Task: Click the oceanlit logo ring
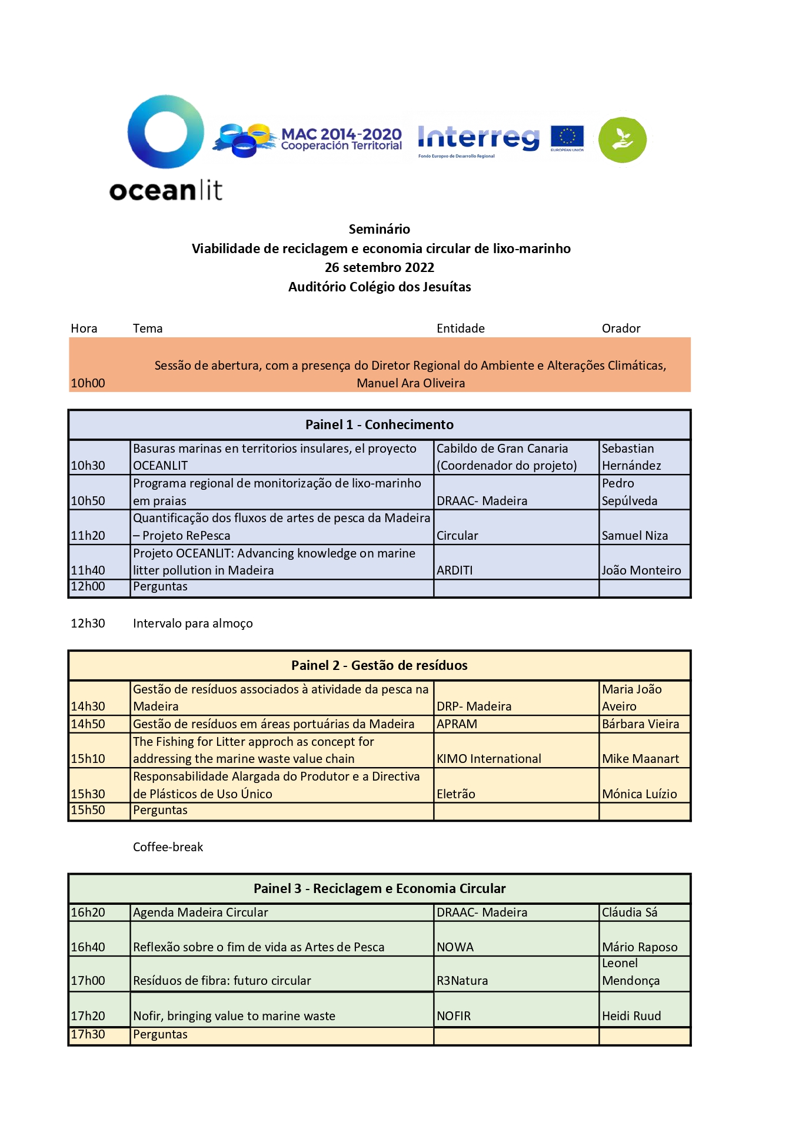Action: pyautogui.click(x=165, y=132)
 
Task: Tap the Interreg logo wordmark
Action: pyautogui.click(x=478, y=138)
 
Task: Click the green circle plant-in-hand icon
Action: pyautogui.click(x=622, y=140)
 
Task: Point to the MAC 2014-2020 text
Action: pyautogui.click(x=341, y=135)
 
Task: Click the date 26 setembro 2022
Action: pyautogui.click(x=380, y=267)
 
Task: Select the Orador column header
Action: pyautogui.click(x=621, y=328)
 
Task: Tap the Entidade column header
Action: pyautogui.click(x=461, y=328)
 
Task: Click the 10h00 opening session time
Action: pyautogui.click(x=88, y=383)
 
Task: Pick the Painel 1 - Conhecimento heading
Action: pyautogui.click(x=380, y=424)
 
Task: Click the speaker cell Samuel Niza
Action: pyautogui.click(x=635, y=536)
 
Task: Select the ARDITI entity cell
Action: pyautogui.click(x=455, y=570)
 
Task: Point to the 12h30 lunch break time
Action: pyautogui.click(x=88, y=623)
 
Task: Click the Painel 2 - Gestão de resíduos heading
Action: pyautogui.click(x=380, y=665)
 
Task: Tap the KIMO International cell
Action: pyautogui.click(x=489, y=759)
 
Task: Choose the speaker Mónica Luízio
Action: pyautogui.click(x=640, y=794)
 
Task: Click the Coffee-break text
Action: pyautogui.click(x=168, y=847)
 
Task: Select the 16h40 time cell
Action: pyautogui.click(x=88, y=947)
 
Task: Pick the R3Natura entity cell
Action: pyautogui.click(x=462, y=981)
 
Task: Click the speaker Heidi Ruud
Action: pyautogui.click(x=631, y=1016)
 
